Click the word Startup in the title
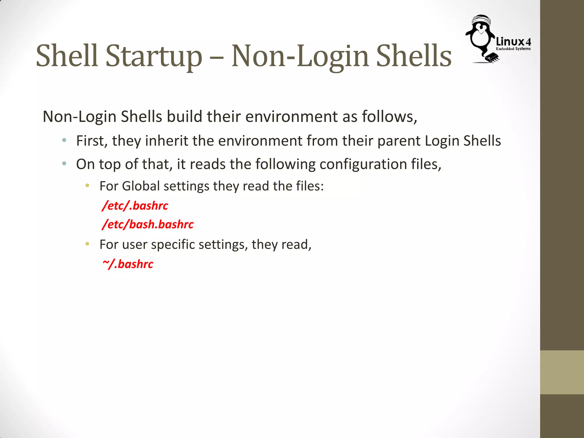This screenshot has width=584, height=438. click(x=154, y=56)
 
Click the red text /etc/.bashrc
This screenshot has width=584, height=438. click(x=135, y=206)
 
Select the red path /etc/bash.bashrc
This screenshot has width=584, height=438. click(x=148, y=224)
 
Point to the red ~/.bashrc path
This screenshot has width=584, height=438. click(x=128, y=264)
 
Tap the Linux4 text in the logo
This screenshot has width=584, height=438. click(x=513, y=42)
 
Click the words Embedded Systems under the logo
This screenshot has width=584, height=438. click(x=513, y=49)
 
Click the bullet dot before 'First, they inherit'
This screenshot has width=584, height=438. click(x=64, y=140)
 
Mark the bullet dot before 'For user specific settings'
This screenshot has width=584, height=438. click(x=87, y=244)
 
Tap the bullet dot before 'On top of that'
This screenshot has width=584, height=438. click(x=64, y=164)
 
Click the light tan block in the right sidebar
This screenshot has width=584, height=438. click(x=562, y=372)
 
